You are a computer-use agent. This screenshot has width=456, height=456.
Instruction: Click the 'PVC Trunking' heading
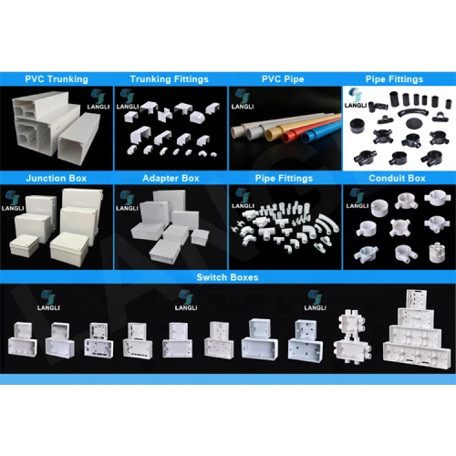click(x=57, y=79)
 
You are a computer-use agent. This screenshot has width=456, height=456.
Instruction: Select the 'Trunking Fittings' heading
click(x=170, y=79)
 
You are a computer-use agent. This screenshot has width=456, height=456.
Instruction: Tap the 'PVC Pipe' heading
click(x=283, y=79)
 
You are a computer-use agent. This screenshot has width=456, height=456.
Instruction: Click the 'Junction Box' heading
click(x=57, y=178)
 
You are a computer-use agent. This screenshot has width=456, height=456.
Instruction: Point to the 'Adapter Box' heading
click(x=171, y=178)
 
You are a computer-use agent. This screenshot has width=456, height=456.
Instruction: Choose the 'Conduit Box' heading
click(x=397, y=178)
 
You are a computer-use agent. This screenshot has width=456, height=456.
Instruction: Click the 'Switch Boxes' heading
click(x=227, y=277)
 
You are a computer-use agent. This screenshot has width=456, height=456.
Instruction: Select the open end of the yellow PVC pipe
click(x=271, y=134)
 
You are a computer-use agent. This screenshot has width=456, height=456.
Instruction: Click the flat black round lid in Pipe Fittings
click(x=415, y=123)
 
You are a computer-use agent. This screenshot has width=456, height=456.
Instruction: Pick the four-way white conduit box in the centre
click(x=399, y=227)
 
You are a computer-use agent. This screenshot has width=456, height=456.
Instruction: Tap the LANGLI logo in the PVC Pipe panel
click(x=243, y=99)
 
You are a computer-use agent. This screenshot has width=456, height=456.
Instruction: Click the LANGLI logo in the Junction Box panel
click(x=13, y=201)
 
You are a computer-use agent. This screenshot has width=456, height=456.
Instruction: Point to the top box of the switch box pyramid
click(x=416, y=299)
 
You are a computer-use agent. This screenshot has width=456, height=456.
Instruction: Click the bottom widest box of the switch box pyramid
click(x=415, y=354)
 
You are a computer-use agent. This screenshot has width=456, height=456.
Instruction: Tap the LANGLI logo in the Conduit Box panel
click(x=358, y=199)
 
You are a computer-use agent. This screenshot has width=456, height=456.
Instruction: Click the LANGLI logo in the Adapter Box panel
click(x=127, y=201)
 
